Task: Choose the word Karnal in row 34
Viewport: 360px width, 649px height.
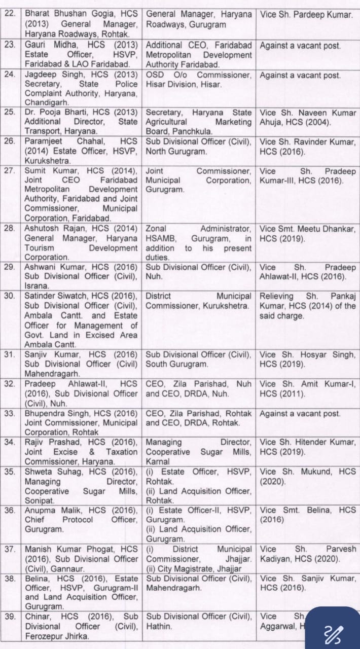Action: (158, 461)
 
